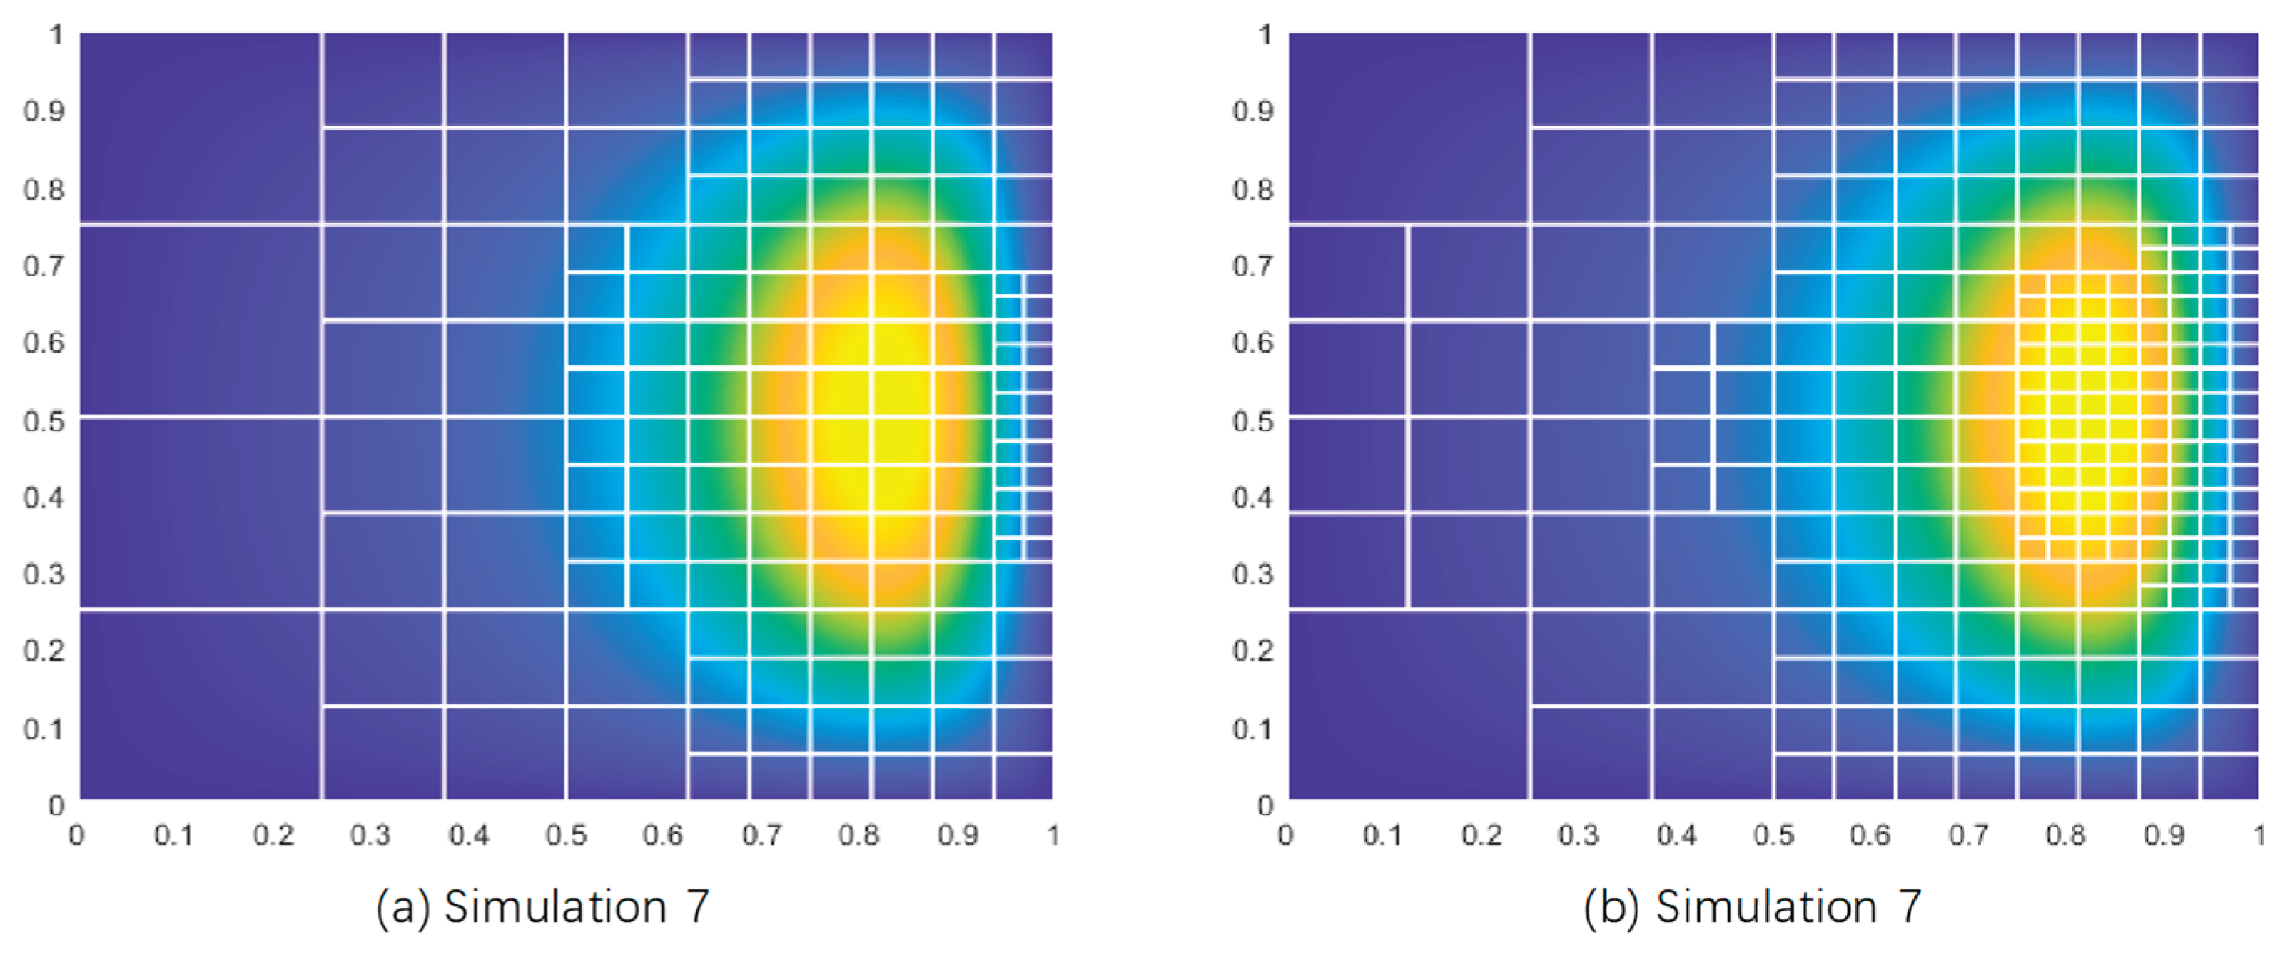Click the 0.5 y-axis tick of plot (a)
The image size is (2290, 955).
click(44, 420)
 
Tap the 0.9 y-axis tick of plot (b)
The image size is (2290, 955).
click(1252, 111)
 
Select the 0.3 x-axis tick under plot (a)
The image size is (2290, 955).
click(370, 835)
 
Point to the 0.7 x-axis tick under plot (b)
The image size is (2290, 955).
click(1968, 835)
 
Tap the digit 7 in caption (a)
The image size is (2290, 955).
click(698, 907)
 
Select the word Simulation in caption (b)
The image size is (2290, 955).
click(1765, 907)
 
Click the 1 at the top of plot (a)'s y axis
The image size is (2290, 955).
click(56, 35)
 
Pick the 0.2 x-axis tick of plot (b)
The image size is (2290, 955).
click(1481, 835)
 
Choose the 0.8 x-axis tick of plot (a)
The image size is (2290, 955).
click(858, 835)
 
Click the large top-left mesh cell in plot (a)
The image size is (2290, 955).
click(200, 127)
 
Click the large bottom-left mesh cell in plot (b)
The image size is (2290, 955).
click(1408, 704)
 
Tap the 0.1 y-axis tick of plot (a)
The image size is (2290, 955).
click(44, 728)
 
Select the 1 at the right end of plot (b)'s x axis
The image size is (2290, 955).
click(2259, 835)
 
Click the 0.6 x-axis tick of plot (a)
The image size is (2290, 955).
click(663, 835)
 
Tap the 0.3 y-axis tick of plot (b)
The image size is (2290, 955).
click(1252, 574)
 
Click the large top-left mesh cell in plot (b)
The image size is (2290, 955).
click(1408, 127)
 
